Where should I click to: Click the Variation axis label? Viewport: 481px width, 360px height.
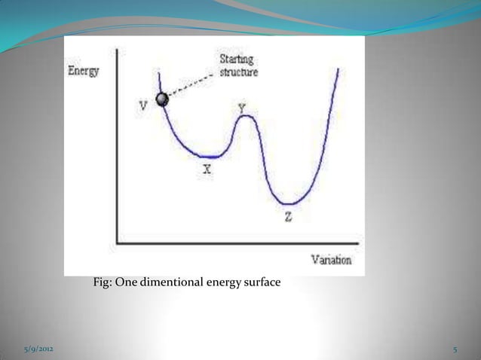(x=332, y=261)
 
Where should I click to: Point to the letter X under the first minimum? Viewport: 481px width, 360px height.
(x=207, y=171)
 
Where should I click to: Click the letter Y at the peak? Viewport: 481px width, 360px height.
(x=241, y=108)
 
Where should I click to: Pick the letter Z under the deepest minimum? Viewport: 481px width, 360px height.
(x=288, y=218)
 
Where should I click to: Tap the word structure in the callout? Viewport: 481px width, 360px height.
(x=238, y=73)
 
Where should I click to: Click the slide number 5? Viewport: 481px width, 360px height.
(x=455, y=351)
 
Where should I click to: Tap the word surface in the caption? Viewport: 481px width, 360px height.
(x=262, y=283)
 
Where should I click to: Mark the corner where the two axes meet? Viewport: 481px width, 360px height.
(x=116, y=242)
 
